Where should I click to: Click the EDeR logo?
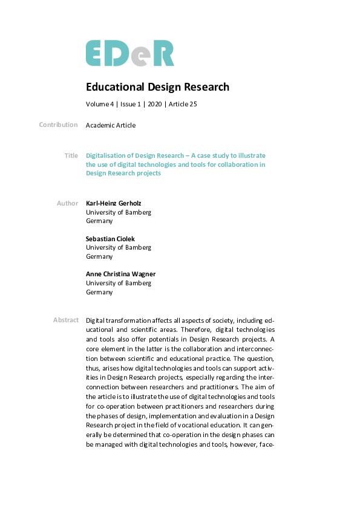point(129,53)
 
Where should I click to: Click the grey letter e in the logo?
point(142,55)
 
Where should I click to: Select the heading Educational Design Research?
point(157,87)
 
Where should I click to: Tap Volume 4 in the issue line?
point(99,104)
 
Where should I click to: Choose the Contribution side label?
point(58,125)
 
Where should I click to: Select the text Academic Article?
point(111,125)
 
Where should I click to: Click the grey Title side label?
point(71,155)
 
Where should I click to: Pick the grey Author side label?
point(67,203)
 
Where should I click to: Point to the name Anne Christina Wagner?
point(120,274)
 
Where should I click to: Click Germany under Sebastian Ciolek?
point(99,256)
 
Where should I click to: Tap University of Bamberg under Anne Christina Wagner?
point(119,283)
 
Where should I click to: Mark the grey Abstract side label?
point(65,320)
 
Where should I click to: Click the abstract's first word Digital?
point(97,320)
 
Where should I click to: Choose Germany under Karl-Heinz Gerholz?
point(99,221)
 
